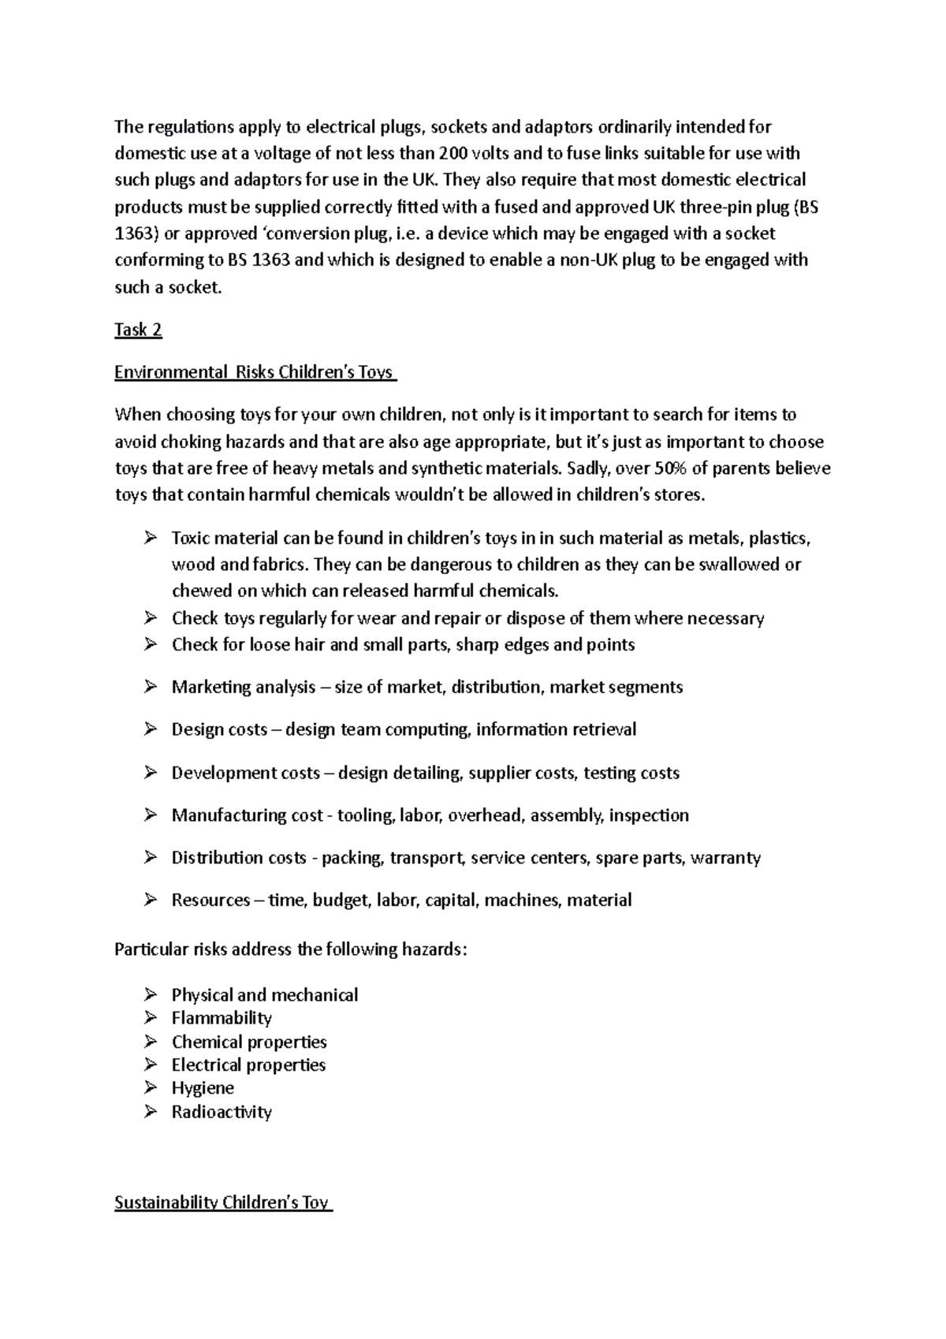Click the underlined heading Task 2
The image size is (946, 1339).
click(x=138, y=330)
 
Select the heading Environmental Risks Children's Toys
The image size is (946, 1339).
click(x=255, y=372)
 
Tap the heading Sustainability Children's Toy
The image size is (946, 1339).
click(x=222, y=1203)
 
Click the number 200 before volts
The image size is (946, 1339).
click(x=453, y=153)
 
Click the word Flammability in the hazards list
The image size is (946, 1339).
click(x=222, y=1018)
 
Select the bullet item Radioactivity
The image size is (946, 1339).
click(x=222, y=1112)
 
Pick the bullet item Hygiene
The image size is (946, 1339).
click(x=203, y=1088)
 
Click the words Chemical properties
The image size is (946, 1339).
click(x=249, y=1042)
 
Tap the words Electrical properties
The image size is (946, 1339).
click(x=248, y=1065)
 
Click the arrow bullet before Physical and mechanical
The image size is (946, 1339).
click(x=151, y=994)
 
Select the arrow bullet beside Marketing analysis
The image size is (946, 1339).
click(x=151, y=687)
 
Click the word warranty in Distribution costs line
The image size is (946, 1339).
click(x=725, y=858)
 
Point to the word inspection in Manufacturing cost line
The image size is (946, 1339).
click(x=649, y=815)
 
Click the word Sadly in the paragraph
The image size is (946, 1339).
click(x=587, y=468)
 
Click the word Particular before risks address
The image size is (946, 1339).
click(x=150, y=949)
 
